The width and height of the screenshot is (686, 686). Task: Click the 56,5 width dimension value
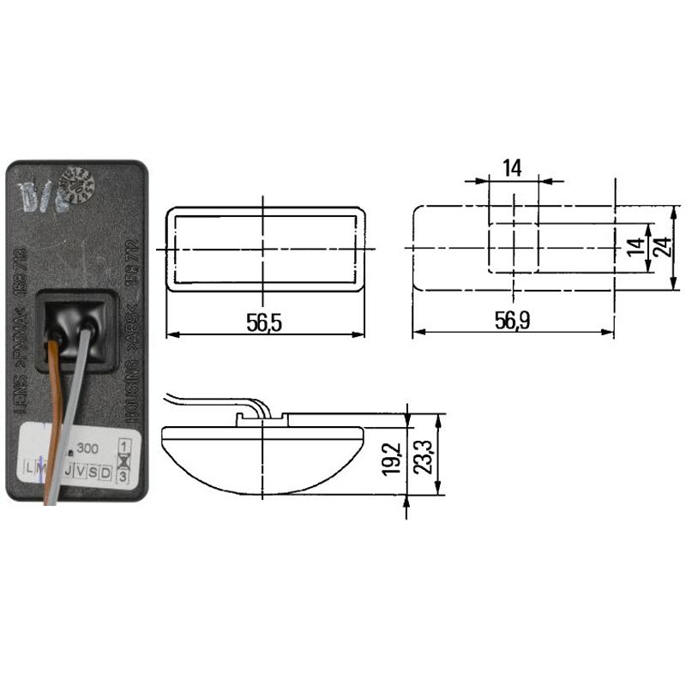(264, 322)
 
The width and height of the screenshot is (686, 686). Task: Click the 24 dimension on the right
(659, 248)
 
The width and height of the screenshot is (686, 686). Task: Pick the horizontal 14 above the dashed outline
(512, 168)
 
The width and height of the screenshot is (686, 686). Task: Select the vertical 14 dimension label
(634, 248)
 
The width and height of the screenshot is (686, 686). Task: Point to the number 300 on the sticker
(87, 448)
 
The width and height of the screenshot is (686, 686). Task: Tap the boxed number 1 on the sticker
(124, 446)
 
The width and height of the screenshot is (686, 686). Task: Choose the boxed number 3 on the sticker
(124, 474)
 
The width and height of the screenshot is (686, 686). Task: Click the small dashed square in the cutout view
(513, 248)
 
